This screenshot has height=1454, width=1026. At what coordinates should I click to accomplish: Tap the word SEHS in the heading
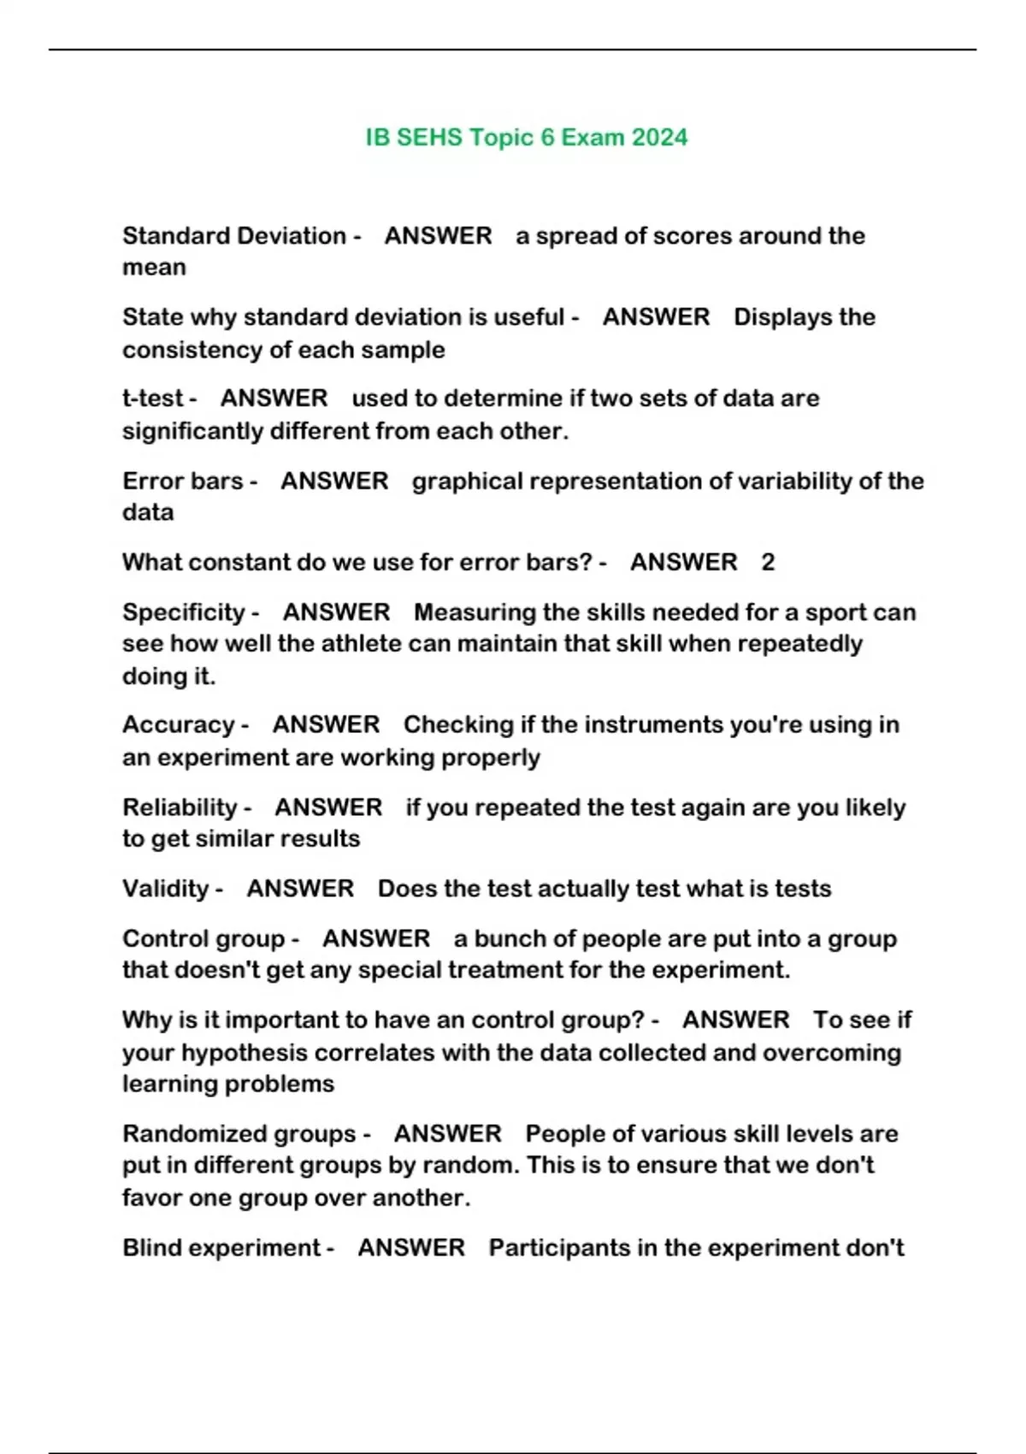pos(429,138)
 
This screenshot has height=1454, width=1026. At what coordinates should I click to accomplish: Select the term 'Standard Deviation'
pos(234,236)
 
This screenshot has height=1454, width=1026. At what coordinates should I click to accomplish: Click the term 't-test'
pos(153,399)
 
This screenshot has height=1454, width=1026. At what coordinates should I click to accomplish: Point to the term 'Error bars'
pos(183,482)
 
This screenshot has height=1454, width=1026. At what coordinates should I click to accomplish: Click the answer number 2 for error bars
pos(768,563)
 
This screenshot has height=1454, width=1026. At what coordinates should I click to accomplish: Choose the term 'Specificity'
pos(184,612)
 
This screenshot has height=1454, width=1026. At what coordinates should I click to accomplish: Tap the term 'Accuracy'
pos(179,725)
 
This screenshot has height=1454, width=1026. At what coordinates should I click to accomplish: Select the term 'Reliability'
pos(180,807)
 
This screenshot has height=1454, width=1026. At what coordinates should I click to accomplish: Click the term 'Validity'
pos(166,889)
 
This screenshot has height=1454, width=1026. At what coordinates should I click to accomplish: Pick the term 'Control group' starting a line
pos(203,939)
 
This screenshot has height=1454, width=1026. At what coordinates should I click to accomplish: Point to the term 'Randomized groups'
pos(239,1134)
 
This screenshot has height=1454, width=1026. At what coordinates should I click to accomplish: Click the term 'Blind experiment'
pos(221,1248)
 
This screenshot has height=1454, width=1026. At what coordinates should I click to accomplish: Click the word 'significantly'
pos(192,431)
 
